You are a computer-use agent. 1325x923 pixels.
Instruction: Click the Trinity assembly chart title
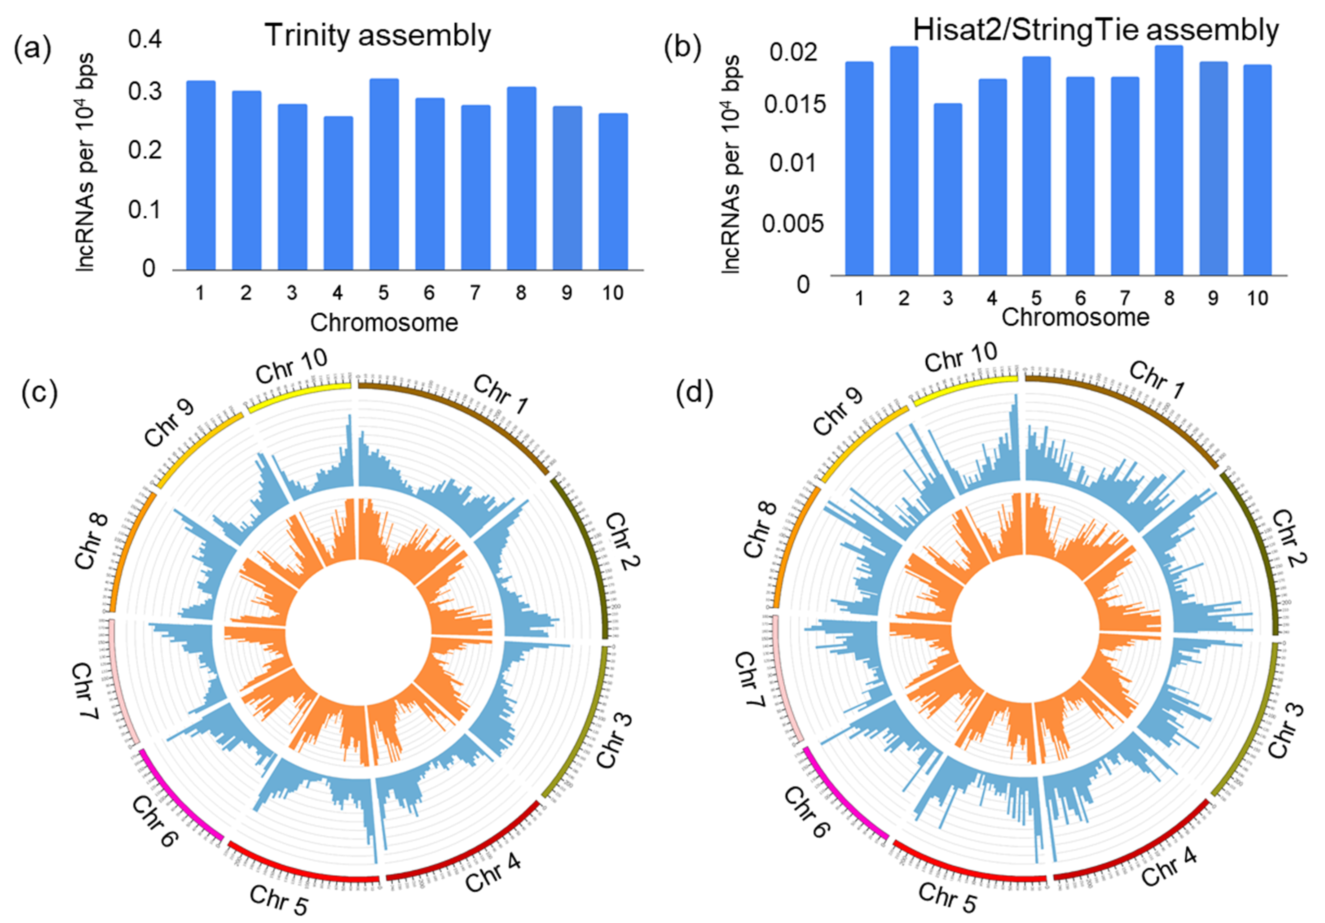coord(378,36)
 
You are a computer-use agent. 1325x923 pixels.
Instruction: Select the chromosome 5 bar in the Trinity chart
coord(384,173)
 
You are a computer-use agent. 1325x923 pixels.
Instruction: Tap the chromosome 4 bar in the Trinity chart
coord(338,193)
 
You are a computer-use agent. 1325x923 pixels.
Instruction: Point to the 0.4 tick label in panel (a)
coord(145,40)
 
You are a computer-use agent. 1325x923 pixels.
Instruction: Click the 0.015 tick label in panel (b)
coord(795,105)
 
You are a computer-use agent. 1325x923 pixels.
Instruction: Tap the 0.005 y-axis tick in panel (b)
coord(793,223)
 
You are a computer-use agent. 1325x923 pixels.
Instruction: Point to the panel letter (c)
coord(39,393)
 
